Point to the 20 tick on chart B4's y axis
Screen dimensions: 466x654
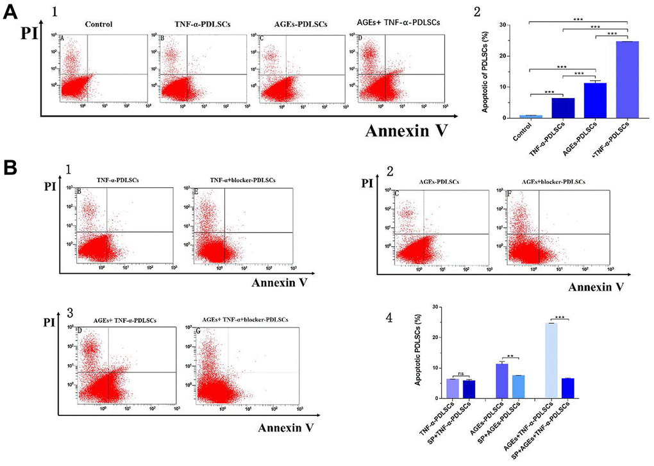435,337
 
